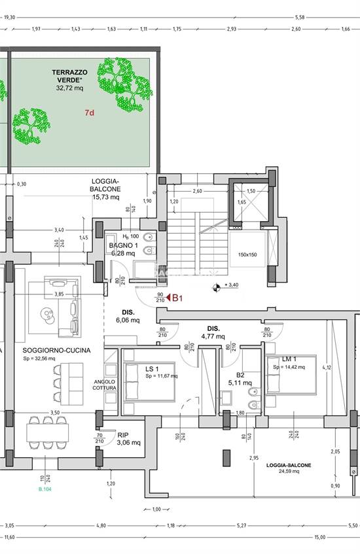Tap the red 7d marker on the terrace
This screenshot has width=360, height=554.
pos(90,113)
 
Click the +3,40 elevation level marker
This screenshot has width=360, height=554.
pos(230,286)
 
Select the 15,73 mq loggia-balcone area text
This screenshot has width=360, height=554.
pos(105,196)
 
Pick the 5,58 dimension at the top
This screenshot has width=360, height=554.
pos(300,18)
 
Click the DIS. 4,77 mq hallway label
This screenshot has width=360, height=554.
pos(213,332)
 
